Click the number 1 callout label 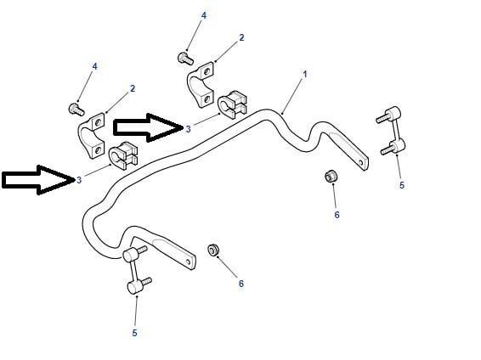[x=304, y=74]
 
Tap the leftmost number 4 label [x=95, y=66]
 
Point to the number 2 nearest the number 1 [x=241, y=37]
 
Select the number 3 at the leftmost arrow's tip [x=79, y=180]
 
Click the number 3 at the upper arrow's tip [x=188, y=129]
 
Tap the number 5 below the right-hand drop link [x=402, y=185]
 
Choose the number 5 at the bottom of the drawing [x=134, y=333]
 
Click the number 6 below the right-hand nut [x=337, y=215]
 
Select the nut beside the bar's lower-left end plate [x=213, y=250]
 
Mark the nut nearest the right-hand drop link [x=331, y=175]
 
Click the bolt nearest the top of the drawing [x=185, y=59]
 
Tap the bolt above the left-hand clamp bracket [x=76, y=110]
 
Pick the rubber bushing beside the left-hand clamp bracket [x=123, y=155]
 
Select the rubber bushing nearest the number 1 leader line [x=233, y=104]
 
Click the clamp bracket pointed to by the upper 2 [x=201, y=85]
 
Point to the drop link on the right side [x=392, y=131]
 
